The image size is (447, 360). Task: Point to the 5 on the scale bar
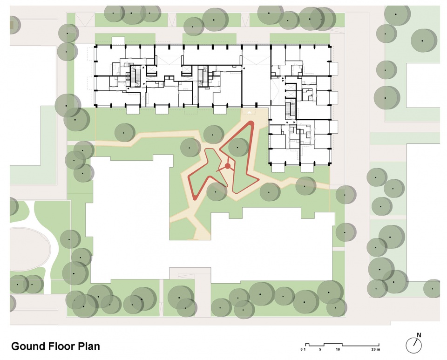(x=320, y=349)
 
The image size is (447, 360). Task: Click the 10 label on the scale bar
(x=338, y=349)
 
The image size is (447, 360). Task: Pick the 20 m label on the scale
(x=376, y=349)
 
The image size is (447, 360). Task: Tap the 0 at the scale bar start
(x=302, y=349)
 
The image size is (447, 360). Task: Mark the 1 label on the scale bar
(x=305, y=349)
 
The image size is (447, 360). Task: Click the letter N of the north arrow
(x=419, y=335)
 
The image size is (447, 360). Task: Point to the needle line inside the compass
(x=416, y=342)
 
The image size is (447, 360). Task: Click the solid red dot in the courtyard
(x=228, y=166)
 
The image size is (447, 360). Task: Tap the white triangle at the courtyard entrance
(x=250, y=112)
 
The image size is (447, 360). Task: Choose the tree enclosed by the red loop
(x=238, y=147)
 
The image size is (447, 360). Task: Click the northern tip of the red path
(x=251, y=122)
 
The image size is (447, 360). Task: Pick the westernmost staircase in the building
(x=135, y=75)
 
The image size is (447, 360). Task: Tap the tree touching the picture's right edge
(x=432, y=289)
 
